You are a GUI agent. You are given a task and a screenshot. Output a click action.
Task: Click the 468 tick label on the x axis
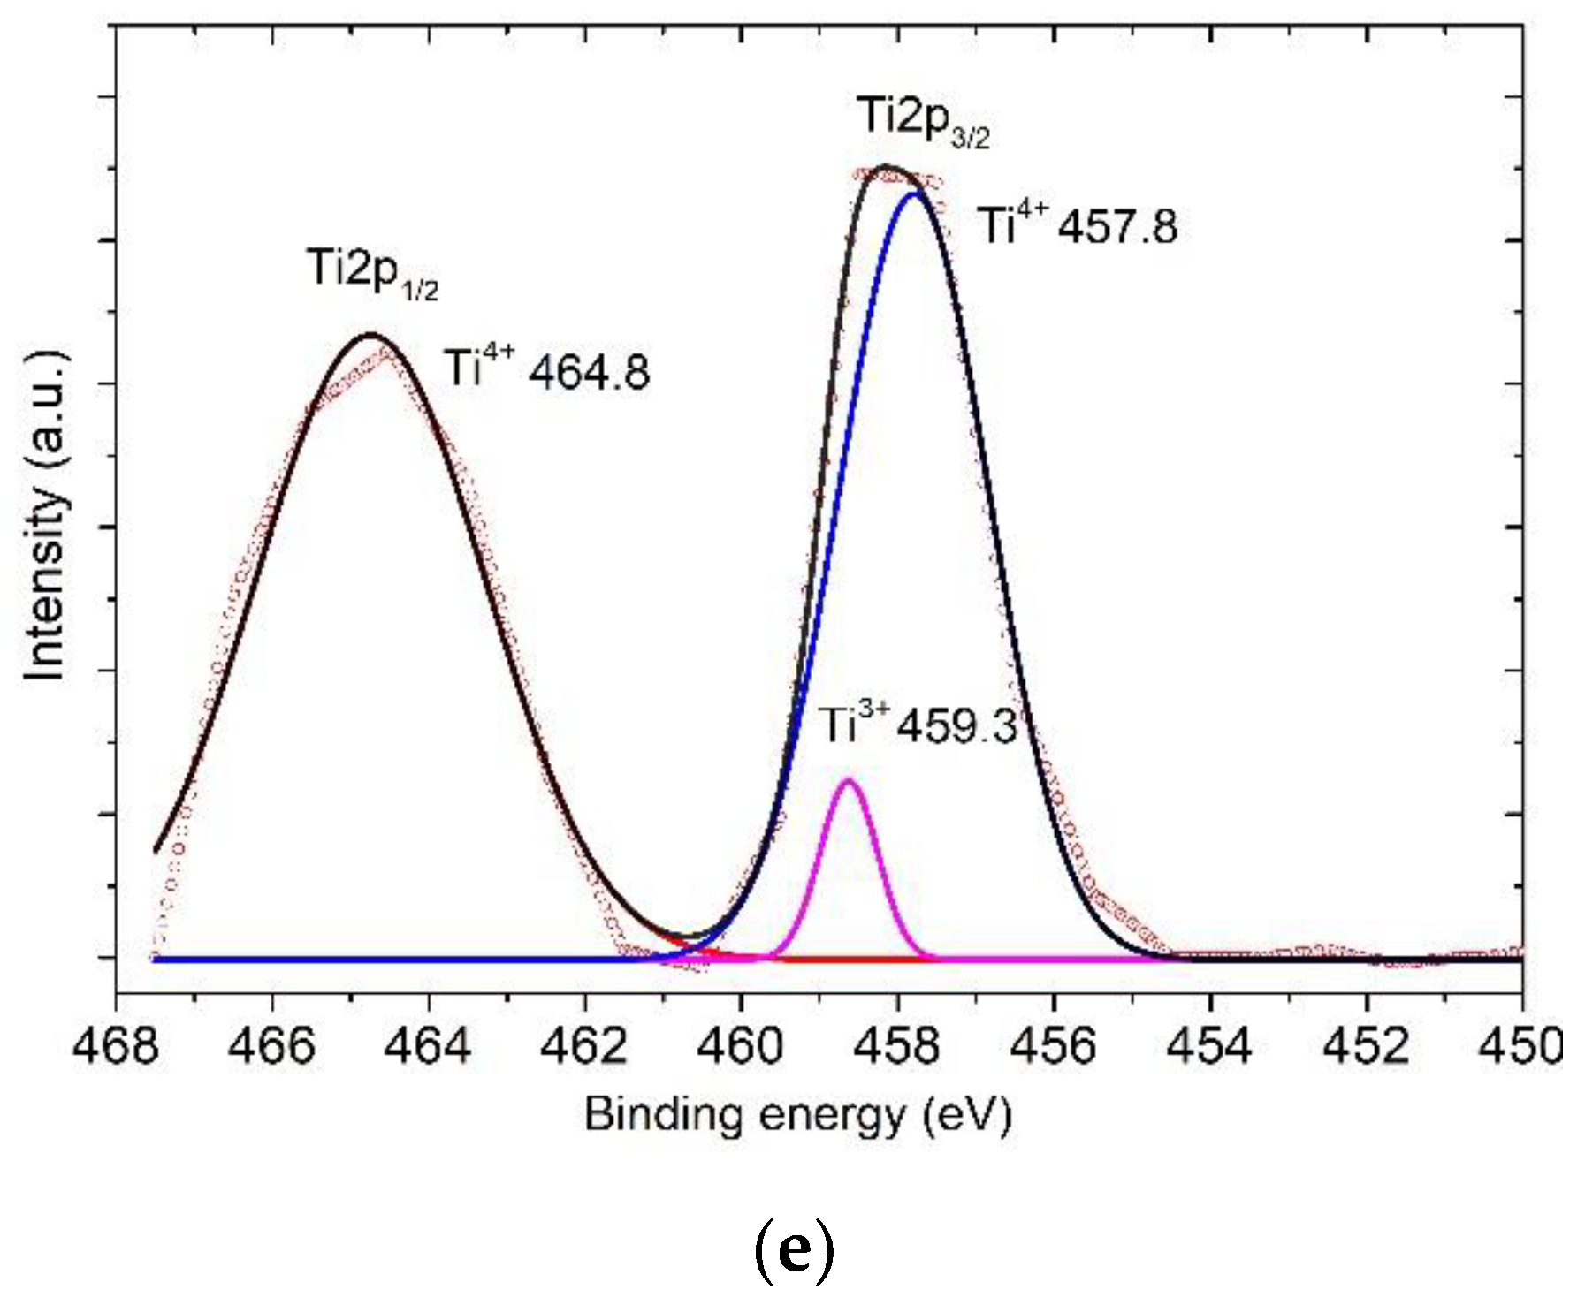[x=116, y=1047]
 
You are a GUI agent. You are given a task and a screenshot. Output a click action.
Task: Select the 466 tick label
[x=271, y=1047]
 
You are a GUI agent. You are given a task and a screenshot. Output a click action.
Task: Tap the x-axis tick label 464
[x=429, y=1047]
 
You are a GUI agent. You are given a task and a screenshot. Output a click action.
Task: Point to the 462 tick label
[x=585, y=1047]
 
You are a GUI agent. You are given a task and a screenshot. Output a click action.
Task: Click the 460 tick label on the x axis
[x=742, y=1047]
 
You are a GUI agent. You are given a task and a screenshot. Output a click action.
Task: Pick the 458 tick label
[x=898, y=1047]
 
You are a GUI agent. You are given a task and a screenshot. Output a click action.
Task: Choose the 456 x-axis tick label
[x=1055, y=1047]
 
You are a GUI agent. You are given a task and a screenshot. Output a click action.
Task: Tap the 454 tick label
[x=1211, y=1047]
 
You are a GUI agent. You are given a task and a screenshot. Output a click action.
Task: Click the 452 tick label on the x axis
[x=1367, y=1047]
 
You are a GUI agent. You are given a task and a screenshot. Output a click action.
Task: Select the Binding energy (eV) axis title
[x=797, y=1116]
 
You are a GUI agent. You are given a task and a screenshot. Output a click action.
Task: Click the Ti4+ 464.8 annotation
[x=546, y=369]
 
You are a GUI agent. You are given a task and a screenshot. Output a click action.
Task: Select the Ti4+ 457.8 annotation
[x=1077, y=224]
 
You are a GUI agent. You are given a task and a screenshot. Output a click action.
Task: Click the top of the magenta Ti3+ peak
[x=849, y=780]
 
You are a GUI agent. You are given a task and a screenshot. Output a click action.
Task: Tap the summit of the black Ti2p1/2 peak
[x=371, y=335]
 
